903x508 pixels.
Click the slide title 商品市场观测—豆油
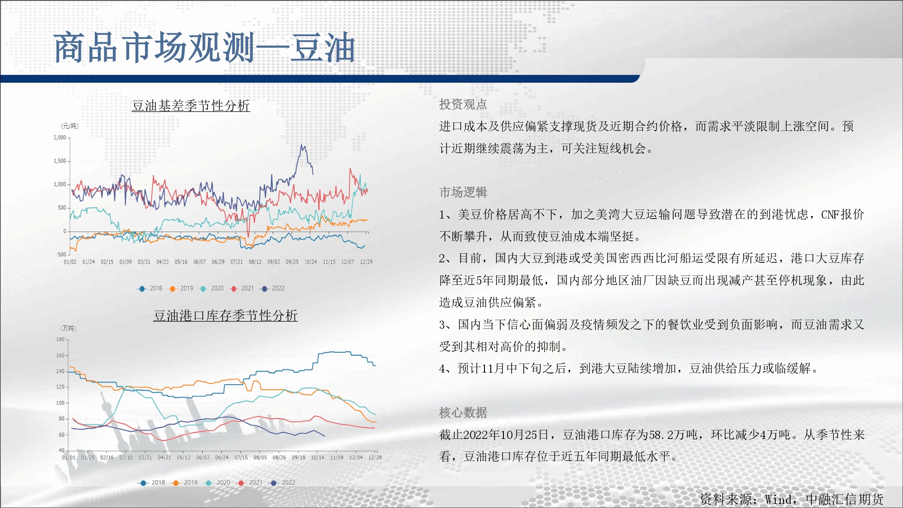point(204,47)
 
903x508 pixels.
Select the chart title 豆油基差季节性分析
point(191,106)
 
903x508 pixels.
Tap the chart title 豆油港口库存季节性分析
point(225,316)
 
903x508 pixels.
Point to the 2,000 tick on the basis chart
point(60,137)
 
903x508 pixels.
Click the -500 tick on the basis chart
point(61,254)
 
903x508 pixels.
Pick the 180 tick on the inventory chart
point(61,339)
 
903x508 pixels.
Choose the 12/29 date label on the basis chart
point(366,262)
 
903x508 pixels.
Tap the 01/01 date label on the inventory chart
point(69,457)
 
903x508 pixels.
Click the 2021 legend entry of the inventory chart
point(250,482)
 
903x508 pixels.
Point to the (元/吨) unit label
point(70,126)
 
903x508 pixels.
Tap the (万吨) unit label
point(68,328)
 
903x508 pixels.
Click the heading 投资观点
point(463,104)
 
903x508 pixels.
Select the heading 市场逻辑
point(463,192)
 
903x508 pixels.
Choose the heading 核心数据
point(463,412)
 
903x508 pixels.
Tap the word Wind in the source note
point(778,499)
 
